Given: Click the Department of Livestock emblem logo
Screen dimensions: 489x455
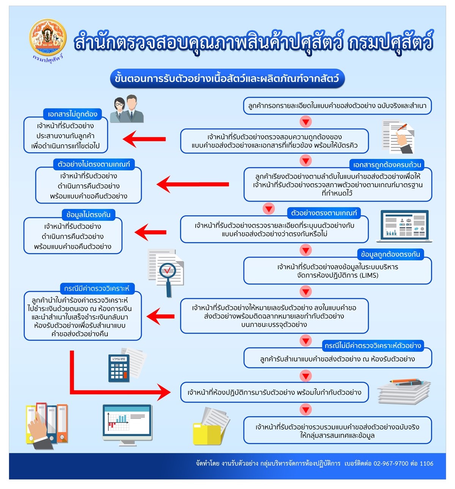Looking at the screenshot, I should (48, 39).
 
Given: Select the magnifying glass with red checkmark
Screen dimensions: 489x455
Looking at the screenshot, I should (167, 272).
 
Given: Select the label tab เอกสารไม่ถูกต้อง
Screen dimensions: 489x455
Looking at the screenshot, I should (72, 114).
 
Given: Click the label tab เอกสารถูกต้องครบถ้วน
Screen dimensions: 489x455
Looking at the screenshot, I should (387, 165).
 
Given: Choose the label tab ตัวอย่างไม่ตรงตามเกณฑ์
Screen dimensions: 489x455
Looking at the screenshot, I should (94, 164).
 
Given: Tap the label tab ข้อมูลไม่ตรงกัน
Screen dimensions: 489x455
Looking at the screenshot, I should (88, 215).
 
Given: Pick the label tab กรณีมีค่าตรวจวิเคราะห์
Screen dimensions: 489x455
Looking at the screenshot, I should (97, 288).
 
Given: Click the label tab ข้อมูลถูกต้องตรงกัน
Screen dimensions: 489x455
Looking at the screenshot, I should (390, 254).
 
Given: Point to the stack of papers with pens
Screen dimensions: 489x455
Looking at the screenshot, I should (404, 391).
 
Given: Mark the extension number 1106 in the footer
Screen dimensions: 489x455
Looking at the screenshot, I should (426, 463).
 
